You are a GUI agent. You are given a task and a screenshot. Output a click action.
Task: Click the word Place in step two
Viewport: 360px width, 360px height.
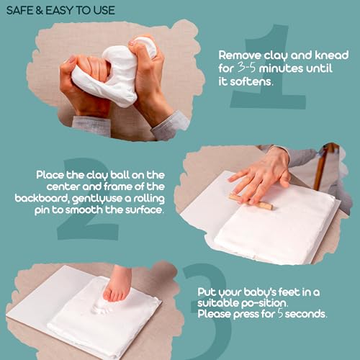click(x=50, y=176)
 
